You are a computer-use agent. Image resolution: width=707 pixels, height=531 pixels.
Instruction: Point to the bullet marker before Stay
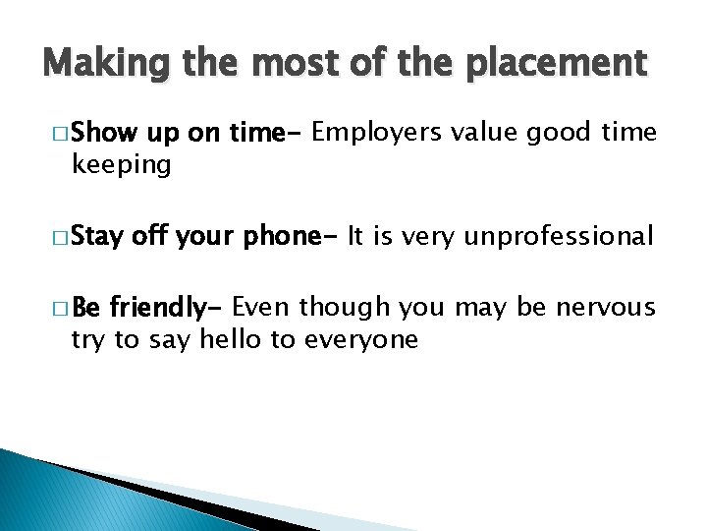(55, 237)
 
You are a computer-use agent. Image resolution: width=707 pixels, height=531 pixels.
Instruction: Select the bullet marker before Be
(55, 310)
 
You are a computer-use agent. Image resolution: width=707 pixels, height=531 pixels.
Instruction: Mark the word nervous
(606, 309)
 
